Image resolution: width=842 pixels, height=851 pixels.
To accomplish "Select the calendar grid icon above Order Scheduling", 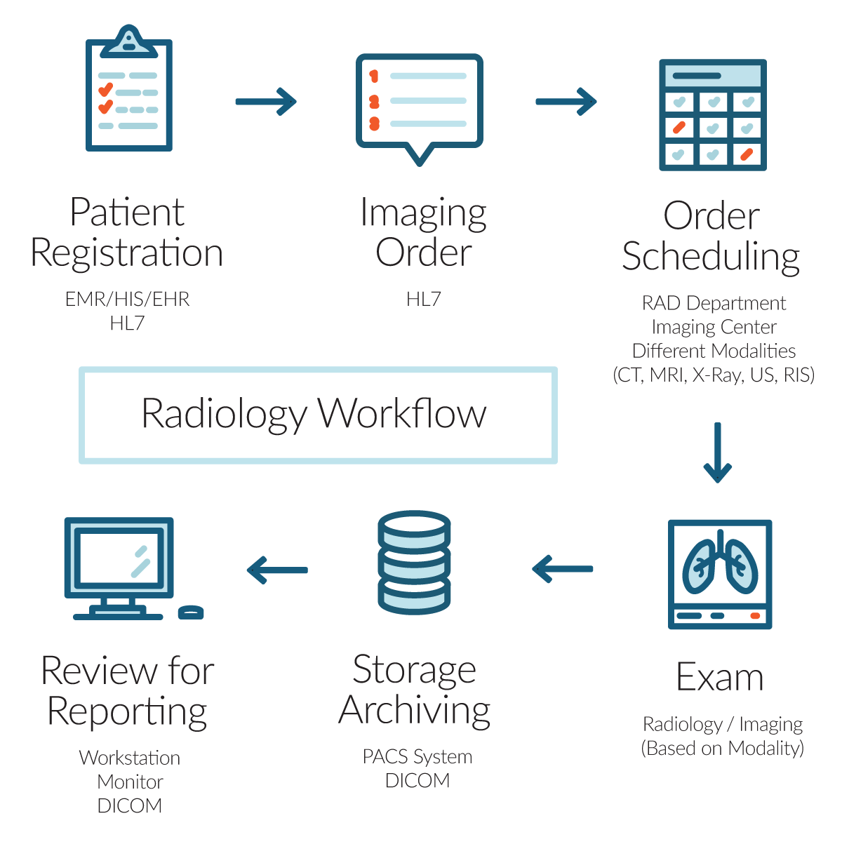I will coord(712,116).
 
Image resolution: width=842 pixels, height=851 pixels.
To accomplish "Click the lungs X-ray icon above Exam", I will coord(720,574).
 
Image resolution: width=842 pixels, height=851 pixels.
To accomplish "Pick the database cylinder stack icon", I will coord(414,563).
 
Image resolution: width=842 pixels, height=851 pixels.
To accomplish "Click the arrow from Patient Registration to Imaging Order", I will coord(266,102).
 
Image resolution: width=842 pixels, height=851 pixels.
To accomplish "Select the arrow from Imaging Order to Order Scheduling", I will coord(566,102).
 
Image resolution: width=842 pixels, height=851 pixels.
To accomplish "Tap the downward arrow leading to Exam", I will coord(717,453).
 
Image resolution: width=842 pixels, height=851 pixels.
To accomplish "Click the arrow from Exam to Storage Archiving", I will coord(563,568).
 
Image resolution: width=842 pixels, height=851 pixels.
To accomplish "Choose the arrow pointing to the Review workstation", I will coord(278,570).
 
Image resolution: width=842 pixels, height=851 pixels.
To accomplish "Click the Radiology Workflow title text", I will coord(314,414).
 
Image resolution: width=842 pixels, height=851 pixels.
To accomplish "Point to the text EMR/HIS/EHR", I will coord(127,300).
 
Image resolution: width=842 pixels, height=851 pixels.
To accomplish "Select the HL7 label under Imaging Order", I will coord(423,300).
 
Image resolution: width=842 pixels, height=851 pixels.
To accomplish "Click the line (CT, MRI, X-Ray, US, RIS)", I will coord(714,375).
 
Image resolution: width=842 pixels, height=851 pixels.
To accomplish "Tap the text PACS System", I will coord(417,757).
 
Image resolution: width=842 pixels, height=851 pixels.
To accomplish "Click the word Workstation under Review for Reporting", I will coord(130,758).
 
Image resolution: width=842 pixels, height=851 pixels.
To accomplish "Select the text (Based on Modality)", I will coord(722,749).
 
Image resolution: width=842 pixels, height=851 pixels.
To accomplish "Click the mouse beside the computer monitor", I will coord(191,612).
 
